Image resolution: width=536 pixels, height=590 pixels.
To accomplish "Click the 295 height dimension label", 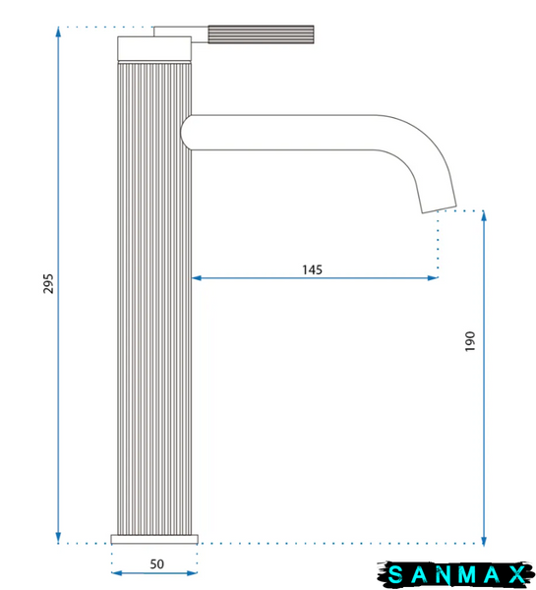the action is point(48,284).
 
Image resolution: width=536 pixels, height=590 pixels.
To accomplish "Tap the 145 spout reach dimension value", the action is point(312,269).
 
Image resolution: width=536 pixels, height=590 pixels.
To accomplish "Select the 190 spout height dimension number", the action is point(470,341).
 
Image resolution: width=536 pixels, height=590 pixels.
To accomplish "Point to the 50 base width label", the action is point(157,564).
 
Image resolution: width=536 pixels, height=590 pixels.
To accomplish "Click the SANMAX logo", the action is point(455,574).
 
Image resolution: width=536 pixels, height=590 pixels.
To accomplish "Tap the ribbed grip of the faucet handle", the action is point(261,34).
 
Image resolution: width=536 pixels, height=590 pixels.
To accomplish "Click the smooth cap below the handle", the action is point(154,48).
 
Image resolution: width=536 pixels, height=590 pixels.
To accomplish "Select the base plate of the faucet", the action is point(154,539).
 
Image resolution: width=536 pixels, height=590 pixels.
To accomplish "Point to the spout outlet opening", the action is point(439,209).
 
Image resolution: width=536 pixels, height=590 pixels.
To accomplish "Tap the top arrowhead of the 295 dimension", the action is point(58,31).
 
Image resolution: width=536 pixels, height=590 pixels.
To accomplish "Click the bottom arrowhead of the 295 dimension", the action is point(58,538).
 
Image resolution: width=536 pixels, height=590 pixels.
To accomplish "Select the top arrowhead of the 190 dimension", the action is point(484,216).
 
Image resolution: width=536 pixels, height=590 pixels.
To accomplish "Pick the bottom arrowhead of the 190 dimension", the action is point(484,541).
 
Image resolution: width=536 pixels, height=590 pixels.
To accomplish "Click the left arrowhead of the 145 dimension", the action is point(197,278).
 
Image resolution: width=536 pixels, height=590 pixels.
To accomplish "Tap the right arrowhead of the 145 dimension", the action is point(433,278).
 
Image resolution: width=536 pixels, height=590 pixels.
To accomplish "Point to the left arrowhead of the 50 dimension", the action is point(117,573).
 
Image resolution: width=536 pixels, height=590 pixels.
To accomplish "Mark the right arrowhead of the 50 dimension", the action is point(193,573).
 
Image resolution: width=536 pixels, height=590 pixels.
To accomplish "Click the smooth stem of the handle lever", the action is point(181,33).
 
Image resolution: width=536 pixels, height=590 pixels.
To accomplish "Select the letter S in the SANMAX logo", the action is point(395,574).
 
